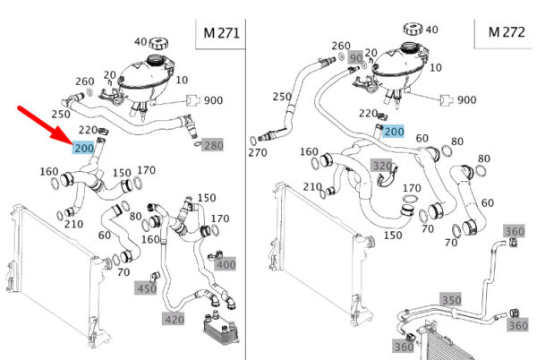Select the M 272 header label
tap(506, 32)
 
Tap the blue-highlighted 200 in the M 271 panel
tap(85, 148)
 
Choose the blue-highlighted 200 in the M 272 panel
tap(394, 131)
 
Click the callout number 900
tap(214, 100)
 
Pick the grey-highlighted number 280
tap(214, 145)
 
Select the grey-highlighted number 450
tap(147, 287)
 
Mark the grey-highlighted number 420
tap(174, 319)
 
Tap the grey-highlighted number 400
tap(226, 264)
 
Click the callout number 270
tap(259, 152)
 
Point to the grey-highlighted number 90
tap(356, 58)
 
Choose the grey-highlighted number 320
tap(382, 166)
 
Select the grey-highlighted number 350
tap(450, 298)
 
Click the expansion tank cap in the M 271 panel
tap(159, 43)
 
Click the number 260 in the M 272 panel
tap(341, 45)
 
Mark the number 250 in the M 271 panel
tap(62, 115)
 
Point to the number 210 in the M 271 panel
tap(75, 223)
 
